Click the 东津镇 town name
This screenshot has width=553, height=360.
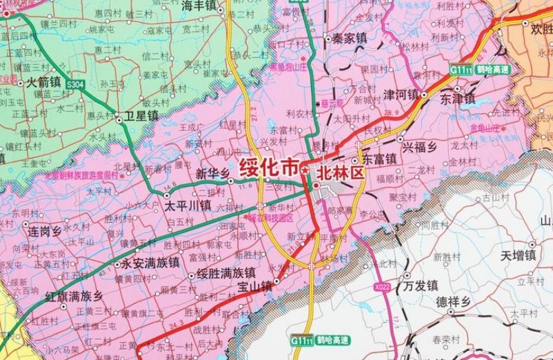tap(457, 99)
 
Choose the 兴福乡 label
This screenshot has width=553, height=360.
tap(421, 146)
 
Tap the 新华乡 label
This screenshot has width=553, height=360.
tap(212, 174)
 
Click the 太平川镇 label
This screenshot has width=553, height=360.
tap(188, 205)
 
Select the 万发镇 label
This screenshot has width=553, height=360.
tap(421, 284)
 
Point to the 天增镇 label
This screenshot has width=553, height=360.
tap(519, 256)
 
